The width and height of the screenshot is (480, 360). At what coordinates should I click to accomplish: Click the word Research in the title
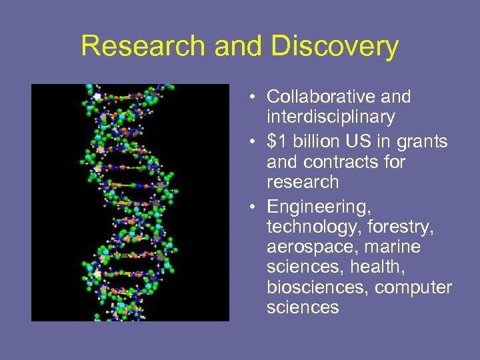[x=143, y=47]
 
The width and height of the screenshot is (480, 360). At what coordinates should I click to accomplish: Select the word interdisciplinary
[x=331, y=117]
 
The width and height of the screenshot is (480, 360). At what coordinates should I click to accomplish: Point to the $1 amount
[x=275, y=142]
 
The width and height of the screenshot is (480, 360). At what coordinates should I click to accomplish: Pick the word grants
[x=423, y=142]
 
